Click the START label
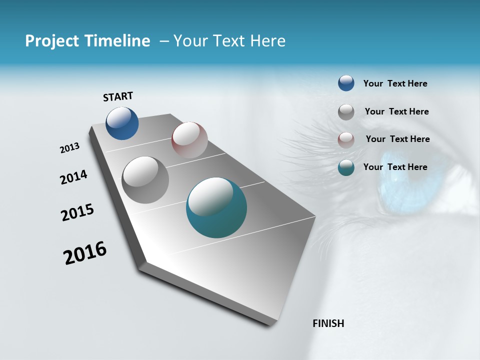point(118,96)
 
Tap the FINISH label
point(328,323)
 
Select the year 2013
point(69,148)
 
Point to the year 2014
point(73,177)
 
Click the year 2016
point(85,253)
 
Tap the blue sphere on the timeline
point(122,123)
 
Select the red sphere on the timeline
point(189,140)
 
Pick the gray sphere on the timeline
point(145,179)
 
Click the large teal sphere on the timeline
point(216,207)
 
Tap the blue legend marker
point(346,83)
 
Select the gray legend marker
point(346,112)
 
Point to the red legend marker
point(346,140)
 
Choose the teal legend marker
point(346,167)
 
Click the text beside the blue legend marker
point(395,83)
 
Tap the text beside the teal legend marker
point(395,167)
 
